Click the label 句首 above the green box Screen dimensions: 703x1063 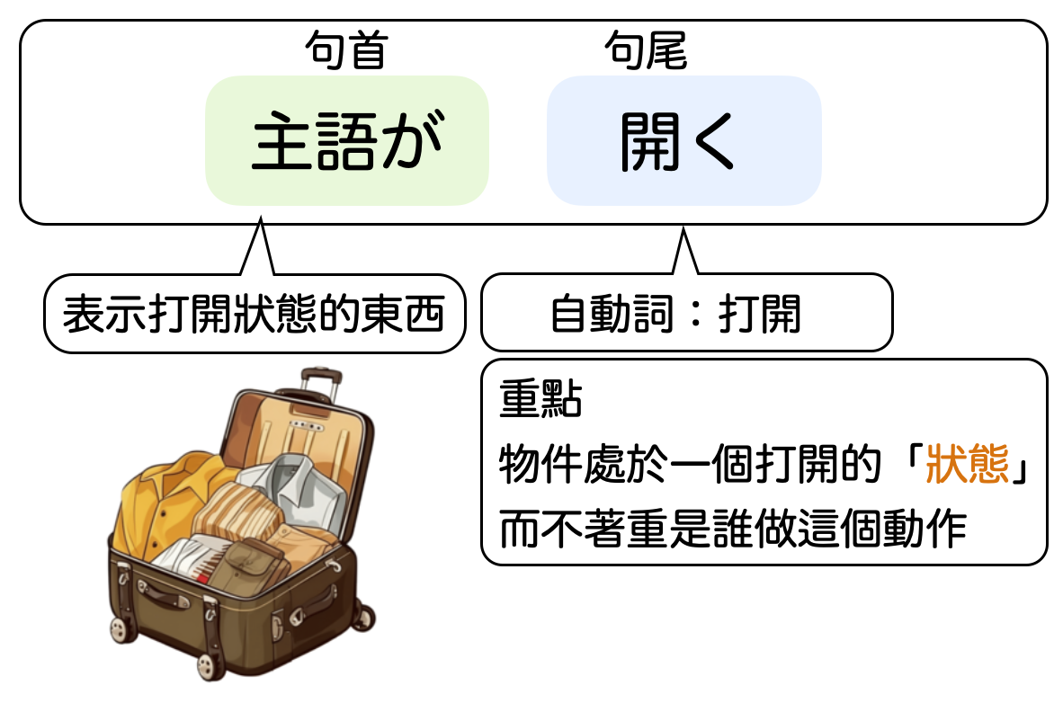click(x=345, y=51)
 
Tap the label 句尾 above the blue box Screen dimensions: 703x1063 click(x=646, y=51)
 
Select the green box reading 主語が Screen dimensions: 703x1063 click(x=347, y=141)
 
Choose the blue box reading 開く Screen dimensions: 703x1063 click(x=683, y=141)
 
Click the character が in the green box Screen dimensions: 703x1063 click(x=415, y=142)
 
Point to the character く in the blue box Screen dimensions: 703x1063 click(x=715, y=143)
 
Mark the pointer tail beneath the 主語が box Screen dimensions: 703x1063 click(x=258, y=247)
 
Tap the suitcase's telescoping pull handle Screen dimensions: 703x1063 click(x=319, y=382)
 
